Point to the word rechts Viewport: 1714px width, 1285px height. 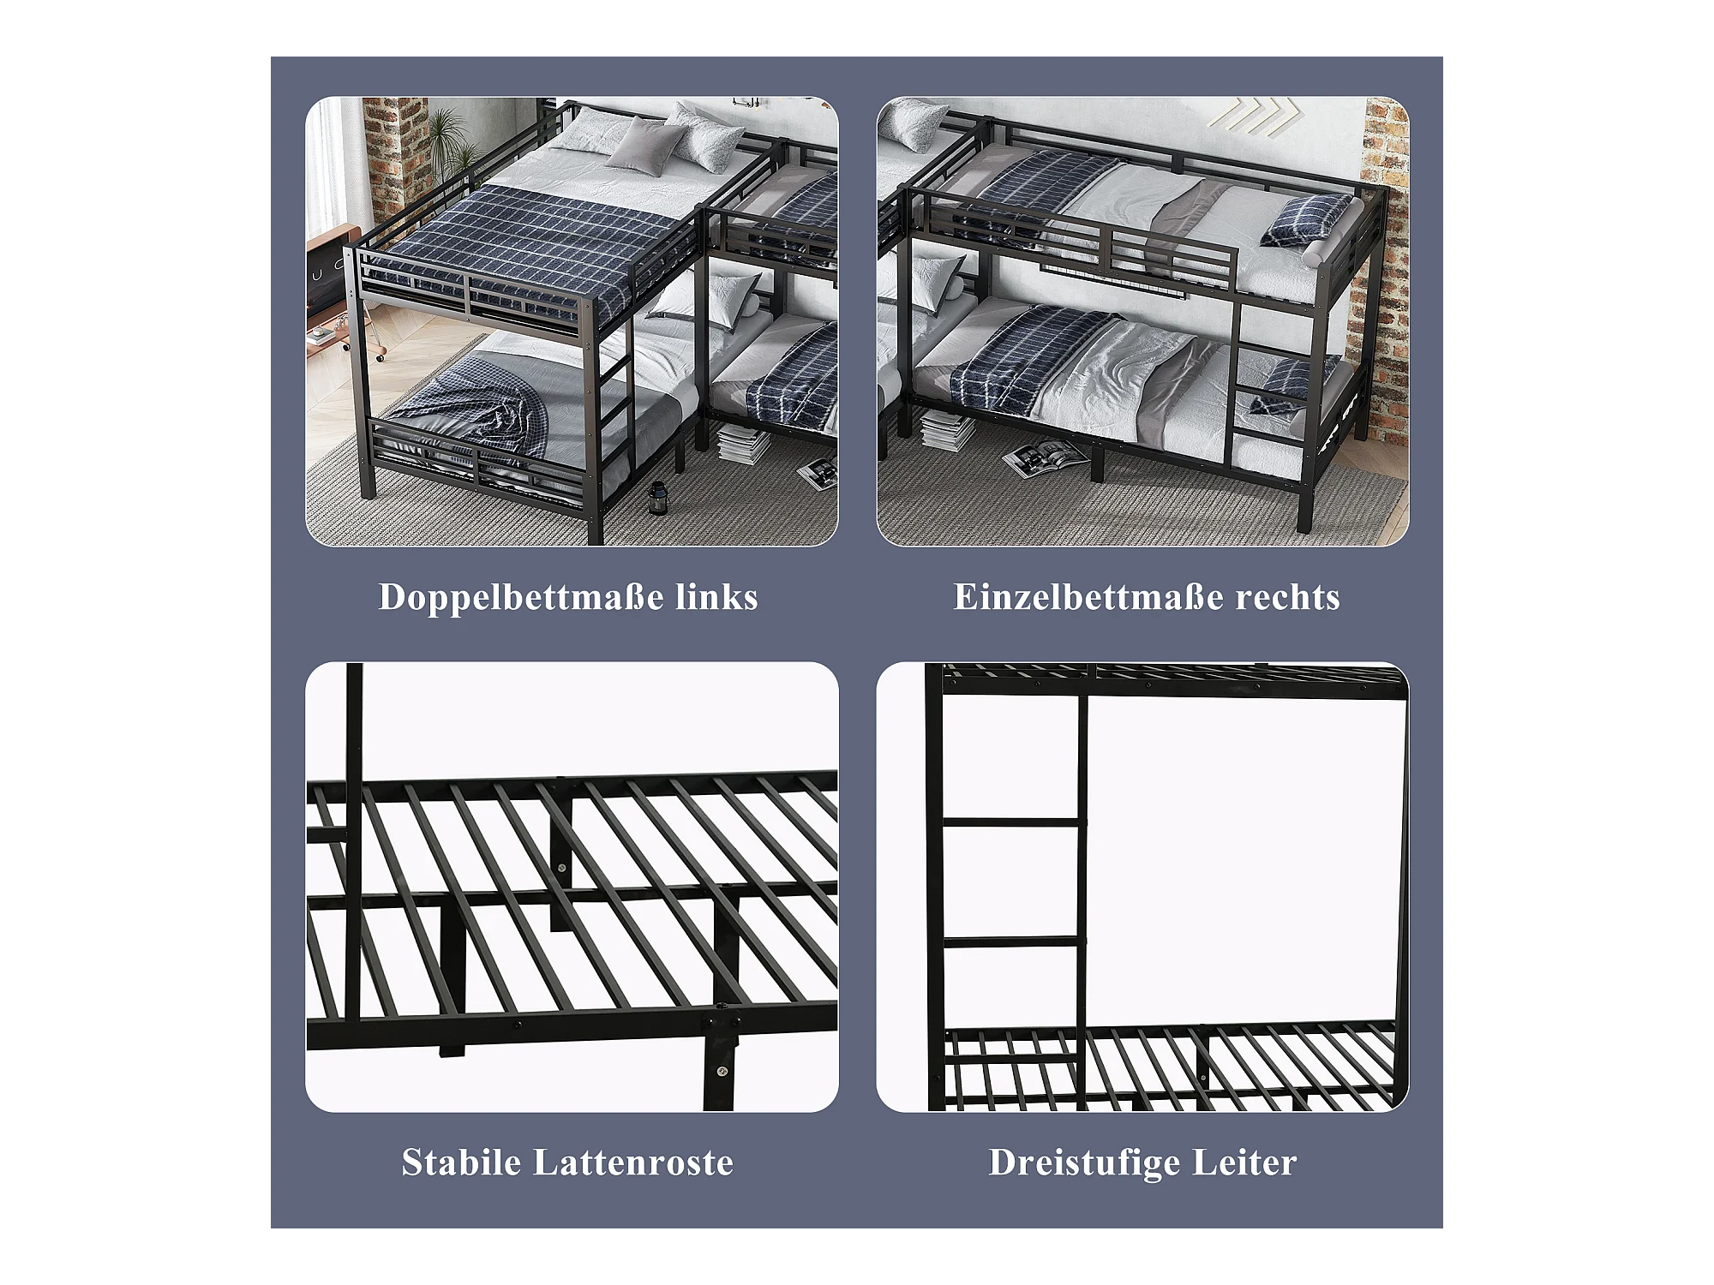coord(1287,597)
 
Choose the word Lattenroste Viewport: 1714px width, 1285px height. coord(633,1162)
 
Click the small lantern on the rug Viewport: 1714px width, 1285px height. coord(657,497)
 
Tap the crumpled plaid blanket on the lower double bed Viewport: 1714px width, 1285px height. coord(484,411)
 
